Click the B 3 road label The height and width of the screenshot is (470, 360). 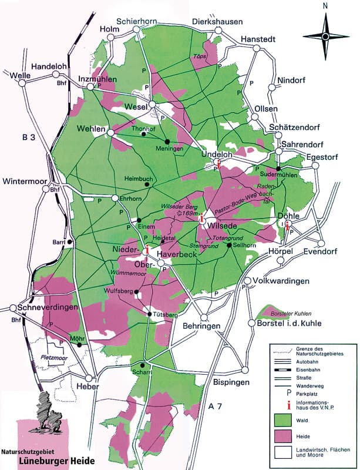(29, 138)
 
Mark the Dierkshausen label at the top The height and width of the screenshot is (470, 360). (217, 22)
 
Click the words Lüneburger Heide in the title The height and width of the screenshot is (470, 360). (55, 459)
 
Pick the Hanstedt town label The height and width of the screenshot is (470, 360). (258, 35)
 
